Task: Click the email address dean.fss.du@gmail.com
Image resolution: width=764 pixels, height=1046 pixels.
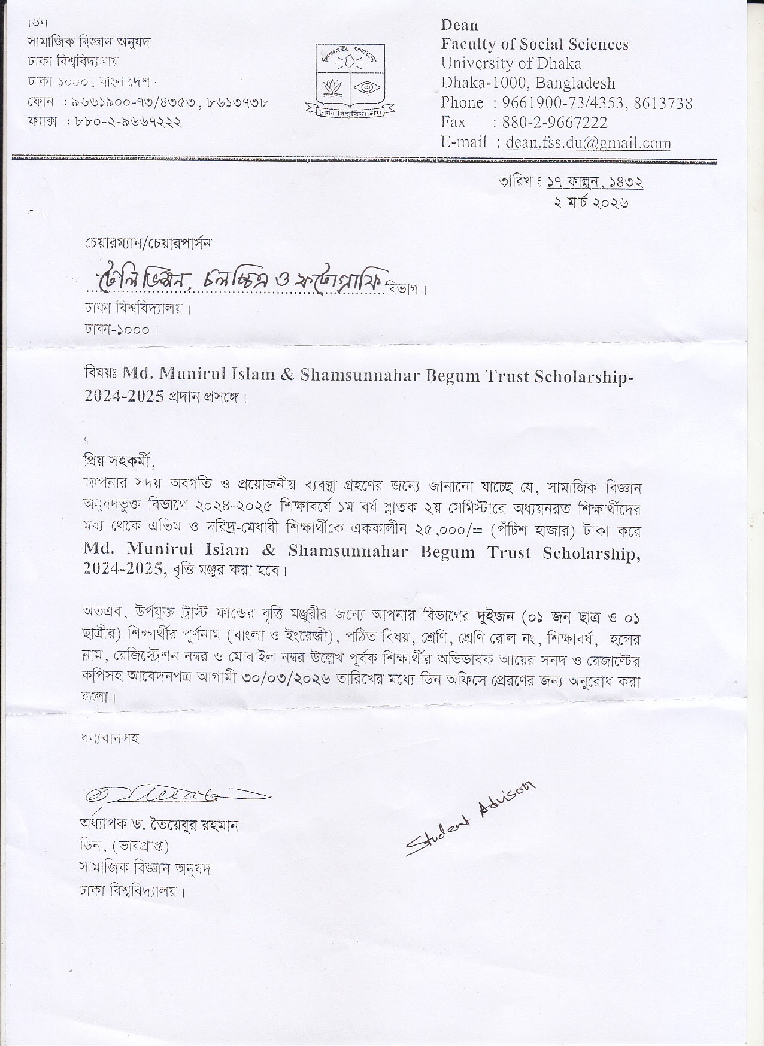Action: pos(588,143)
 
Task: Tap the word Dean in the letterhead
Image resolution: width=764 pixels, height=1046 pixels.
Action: pos(459,25)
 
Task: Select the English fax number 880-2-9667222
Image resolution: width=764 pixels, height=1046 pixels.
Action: pos(550,123)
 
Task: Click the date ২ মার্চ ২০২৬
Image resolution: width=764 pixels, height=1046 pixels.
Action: pos(590,202)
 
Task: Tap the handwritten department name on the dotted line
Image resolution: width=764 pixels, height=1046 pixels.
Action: pos(239,279)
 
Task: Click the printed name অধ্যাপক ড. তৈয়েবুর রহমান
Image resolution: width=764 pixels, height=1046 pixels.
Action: pos(159,825)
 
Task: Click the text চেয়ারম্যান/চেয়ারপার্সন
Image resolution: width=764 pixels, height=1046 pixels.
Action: pos(148,244)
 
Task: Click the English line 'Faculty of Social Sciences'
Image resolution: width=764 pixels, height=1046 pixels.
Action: pos(535,44)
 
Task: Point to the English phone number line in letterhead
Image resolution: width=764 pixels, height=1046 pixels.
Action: pos(566,104)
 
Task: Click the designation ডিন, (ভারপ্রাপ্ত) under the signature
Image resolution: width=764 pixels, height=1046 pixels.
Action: pos(125,847)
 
